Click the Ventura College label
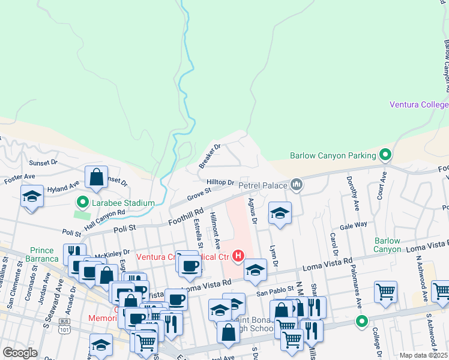pos(419,104)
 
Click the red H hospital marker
pos(238,257)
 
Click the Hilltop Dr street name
pos(220,182)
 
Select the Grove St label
pos(199,194)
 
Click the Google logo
pos(20,353)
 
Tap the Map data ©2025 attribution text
pos(423,355)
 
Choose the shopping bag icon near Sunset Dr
pos(96,178)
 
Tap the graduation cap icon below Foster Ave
pos(32,196)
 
